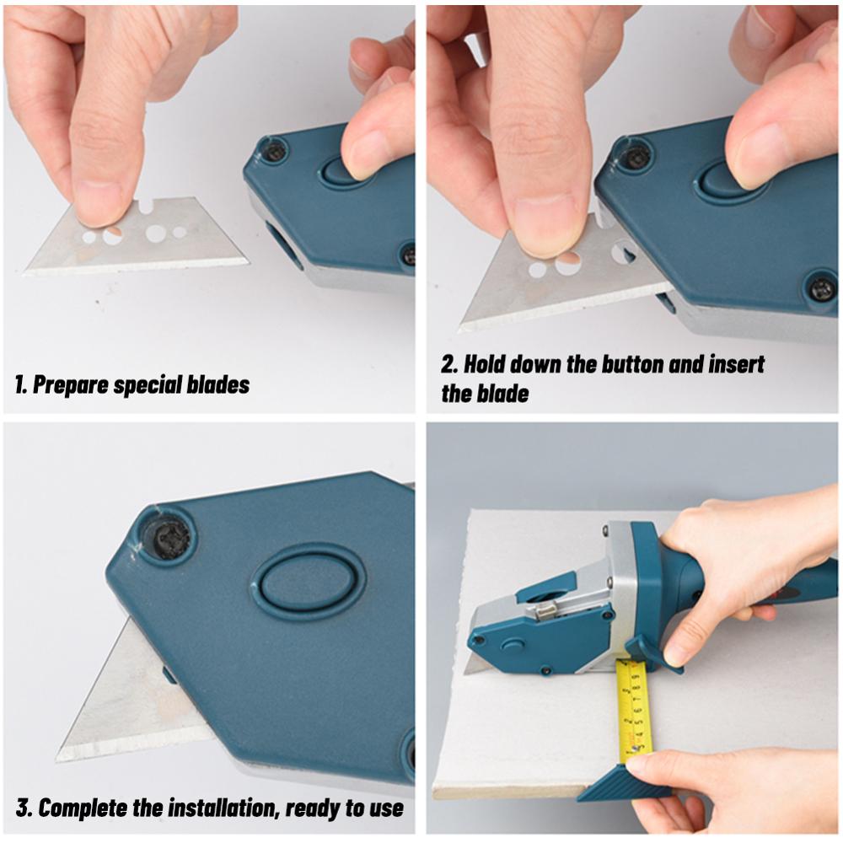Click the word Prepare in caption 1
tap(72, 385)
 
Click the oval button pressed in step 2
tap(730, 180)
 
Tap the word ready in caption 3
tap(312, 808)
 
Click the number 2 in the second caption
tap(448, 365)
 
